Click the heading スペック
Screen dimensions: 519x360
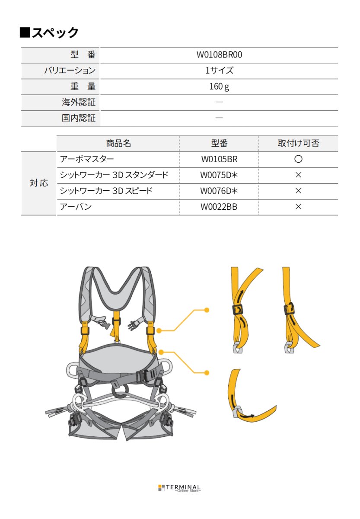[49, 32]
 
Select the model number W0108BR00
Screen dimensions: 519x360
[219, 55]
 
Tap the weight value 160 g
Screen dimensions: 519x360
[219, 86]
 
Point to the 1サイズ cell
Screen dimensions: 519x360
[219, 70]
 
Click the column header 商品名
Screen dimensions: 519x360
[118, 143]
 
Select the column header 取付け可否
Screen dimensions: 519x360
[298, 143]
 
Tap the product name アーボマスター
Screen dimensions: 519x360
[87, 159]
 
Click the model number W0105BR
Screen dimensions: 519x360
[219, 159]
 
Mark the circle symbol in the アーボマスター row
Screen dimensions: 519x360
[298, 159]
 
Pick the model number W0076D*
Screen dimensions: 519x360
[219, 191]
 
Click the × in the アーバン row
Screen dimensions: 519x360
[298, 207]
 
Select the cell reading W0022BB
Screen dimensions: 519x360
[219, 207]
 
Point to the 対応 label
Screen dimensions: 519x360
[38, 183]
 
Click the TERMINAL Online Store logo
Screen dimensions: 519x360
[179, 488]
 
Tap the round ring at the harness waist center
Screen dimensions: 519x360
[120, 391]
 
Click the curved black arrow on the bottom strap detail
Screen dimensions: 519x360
[249, 416]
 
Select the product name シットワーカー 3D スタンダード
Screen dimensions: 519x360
[114, 175]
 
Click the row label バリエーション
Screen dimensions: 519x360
[70, 70]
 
